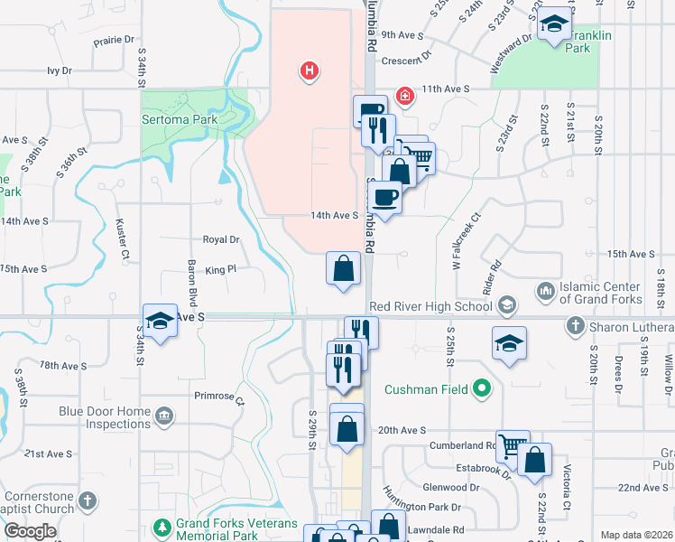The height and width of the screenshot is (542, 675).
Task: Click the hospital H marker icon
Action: point(310,70)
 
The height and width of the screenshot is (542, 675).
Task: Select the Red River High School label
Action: point(430,305)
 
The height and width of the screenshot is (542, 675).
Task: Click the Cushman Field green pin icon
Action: point(483,389)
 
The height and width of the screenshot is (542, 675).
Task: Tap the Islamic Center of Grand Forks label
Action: point(600,293)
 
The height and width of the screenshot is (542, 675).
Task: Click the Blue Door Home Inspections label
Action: point(105,417)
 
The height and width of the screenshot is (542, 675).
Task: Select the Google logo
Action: point(30,531)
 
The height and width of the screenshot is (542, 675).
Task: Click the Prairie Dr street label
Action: point(114,41)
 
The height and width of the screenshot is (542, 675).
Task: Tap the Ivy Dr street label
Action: point(59,70)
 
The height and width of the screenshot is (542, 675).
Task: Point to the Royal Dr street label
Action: point(221,239)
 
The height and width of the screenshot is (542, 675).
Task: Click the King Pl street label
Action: point(220,269)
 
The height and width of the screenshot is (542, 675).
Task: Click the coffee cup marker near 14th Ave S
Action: point(384,196)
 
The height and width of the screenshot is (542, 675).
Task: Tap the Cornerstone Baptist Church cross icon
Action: point(88,500)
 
